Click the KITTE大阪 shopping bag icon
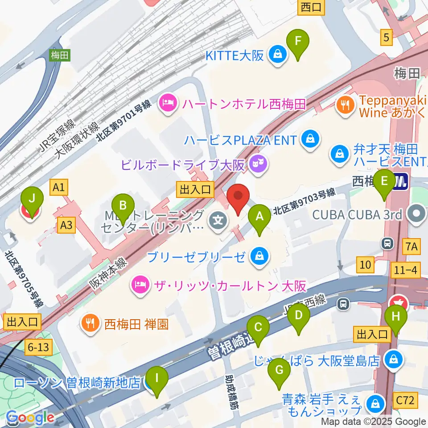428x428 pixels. coord(278,55)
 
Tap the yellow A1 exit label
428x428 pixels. coord(59,188)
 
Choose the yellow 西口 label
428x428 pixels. coord(311,7)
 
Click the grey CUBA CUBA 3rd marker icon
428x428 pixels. coord(417,214)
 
